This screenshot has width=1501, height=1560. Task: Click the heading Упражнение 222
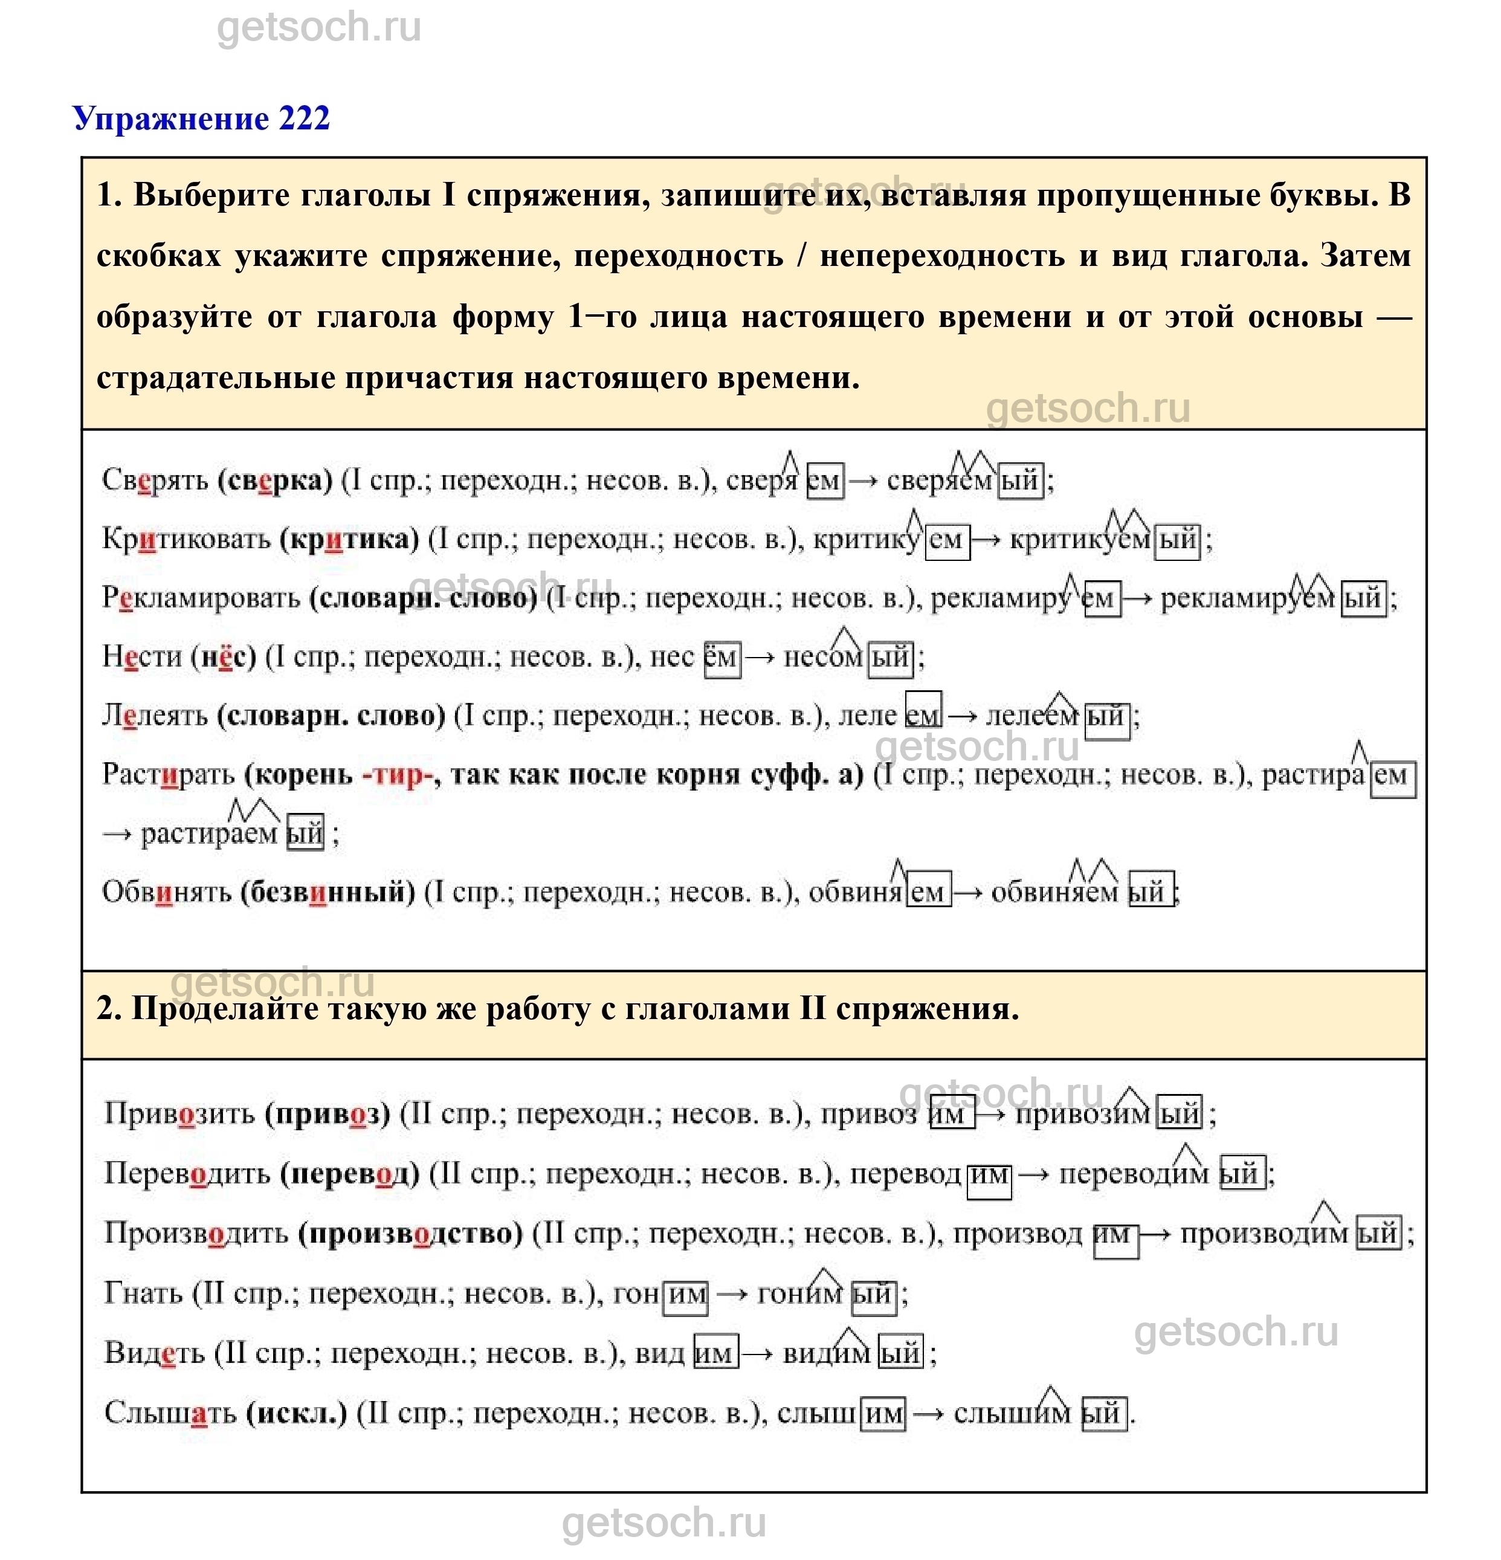click(x=201, y=118)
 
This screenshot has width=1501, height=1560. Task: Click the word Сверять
click(x=155, y=480)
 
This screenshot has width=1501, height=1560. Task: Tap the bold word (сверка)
click(x=274, y=480)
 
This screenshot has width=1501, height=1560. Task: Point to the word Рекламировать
click(x=201, y=598)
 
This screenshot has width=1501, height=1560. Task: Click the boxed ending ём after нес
click(x=722, y=658)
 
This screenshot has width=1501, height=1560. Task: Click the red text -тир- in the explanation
click(x=396, y=774)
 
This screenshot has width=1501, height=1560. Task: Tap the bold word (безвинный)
click(x=328, y=892)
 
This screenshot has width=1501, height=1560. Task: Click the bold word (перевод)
click(x=349, y=1173)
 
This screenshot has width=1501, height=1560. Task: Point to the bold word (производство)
click(x=411, y=1233)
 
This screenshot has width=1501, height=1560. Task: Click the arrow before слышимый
click(x=928, y=1414)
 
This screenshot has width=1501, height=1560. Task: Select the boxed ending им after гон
click(x=686, y=1294)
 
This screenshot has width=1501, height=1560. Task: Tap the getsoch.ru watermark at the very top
click(x=318, y=28)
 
